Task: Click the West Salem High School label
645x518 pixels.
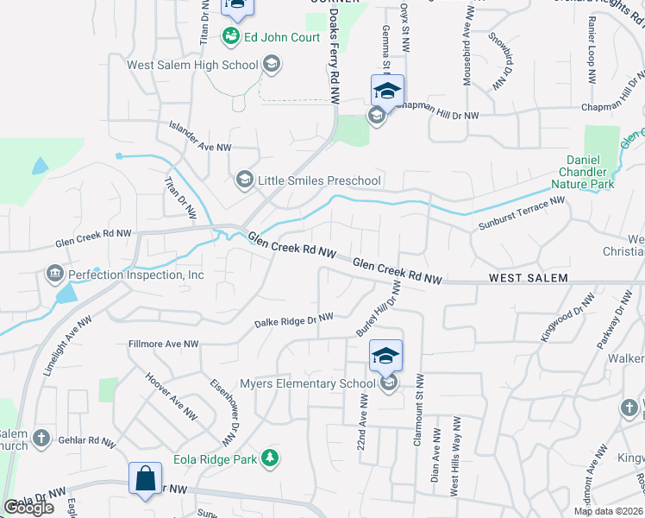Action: click(192, 65)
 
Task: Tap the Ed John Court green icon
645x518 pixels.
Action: click(231, 35)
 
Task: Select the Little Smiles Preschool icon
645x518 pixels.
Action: click(244, 180)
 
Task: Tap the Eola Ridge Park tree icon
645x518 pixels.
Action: click(271, 459)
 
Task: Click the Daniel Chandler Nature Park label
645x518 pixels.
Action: click(601, 172)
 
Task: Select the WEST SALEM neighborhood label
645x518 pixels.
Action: click(528, 278)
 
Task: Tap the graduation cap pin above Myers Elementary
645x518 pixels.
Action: click(385, 355)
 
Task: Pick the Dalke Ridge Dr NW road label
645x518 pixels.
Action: click(293, 321)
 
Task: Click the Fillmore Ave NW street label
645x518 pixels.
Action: click(163, 344)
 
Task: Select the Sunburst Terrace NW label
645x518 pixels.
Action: click(521, 214)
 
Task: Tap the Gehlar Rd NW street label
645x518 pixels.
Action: click(88, 439)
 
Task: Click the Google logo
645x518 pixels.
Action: click(28, 508)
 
